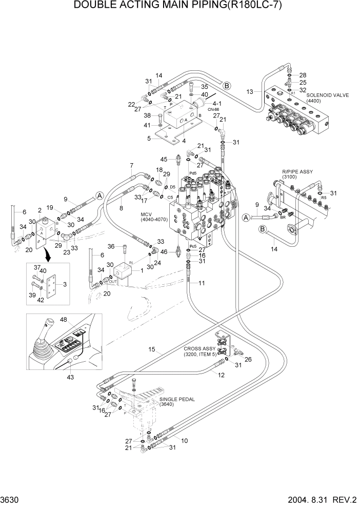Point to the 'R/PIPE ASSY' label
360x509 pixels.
297,172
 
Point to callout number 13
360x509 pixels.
250,92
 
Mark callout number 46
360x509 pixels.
164,252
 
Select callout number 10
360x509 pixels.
185,440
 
